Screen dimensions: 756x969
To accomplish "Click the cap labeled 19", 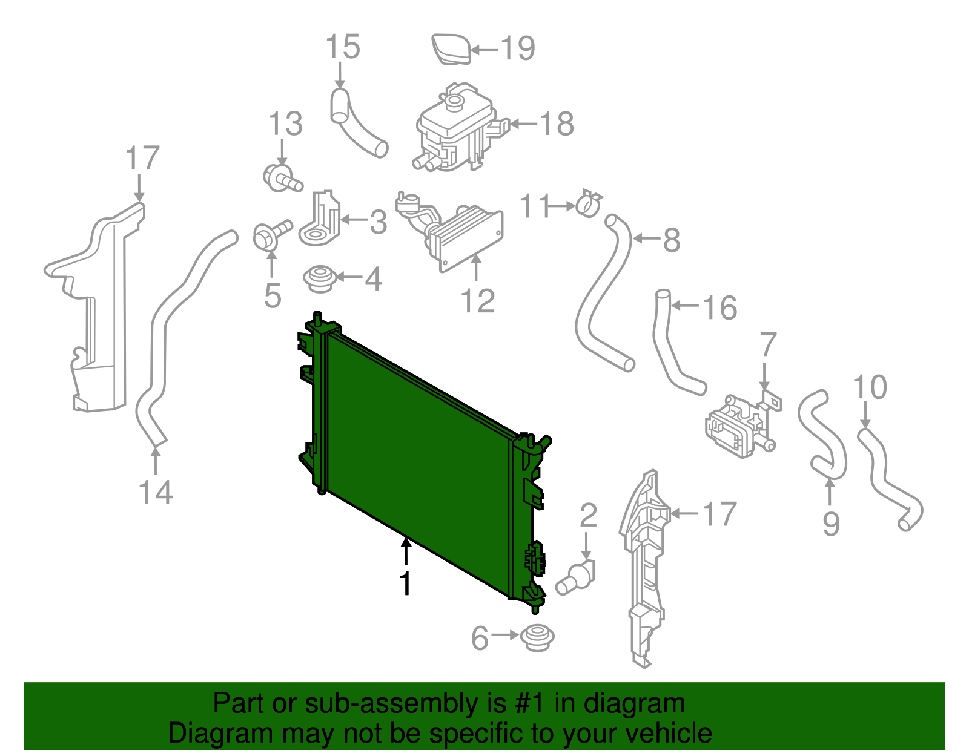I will pos(451,48).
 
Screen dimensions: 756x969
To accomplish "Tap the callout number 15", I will pos(343,47).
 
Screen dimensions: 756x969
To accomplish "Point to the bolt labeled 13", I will pos(281,177).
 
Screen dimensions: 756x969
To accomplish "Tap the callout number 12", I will pos(478,301).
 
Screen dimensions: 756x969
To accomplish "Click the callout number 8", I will pos(672,240).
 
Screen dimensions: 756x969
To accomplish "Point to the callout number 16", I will pos(720,307).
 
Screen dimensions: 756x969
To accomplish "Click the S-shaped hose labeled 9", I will pos(823,436).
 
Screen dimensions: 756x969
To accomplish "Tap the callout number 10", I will pos(870,387).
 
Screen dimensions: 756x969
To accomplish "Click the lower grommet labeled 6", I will pos(537,638).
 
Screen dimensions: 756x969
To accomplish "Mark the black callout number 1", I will pos(406,583).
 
